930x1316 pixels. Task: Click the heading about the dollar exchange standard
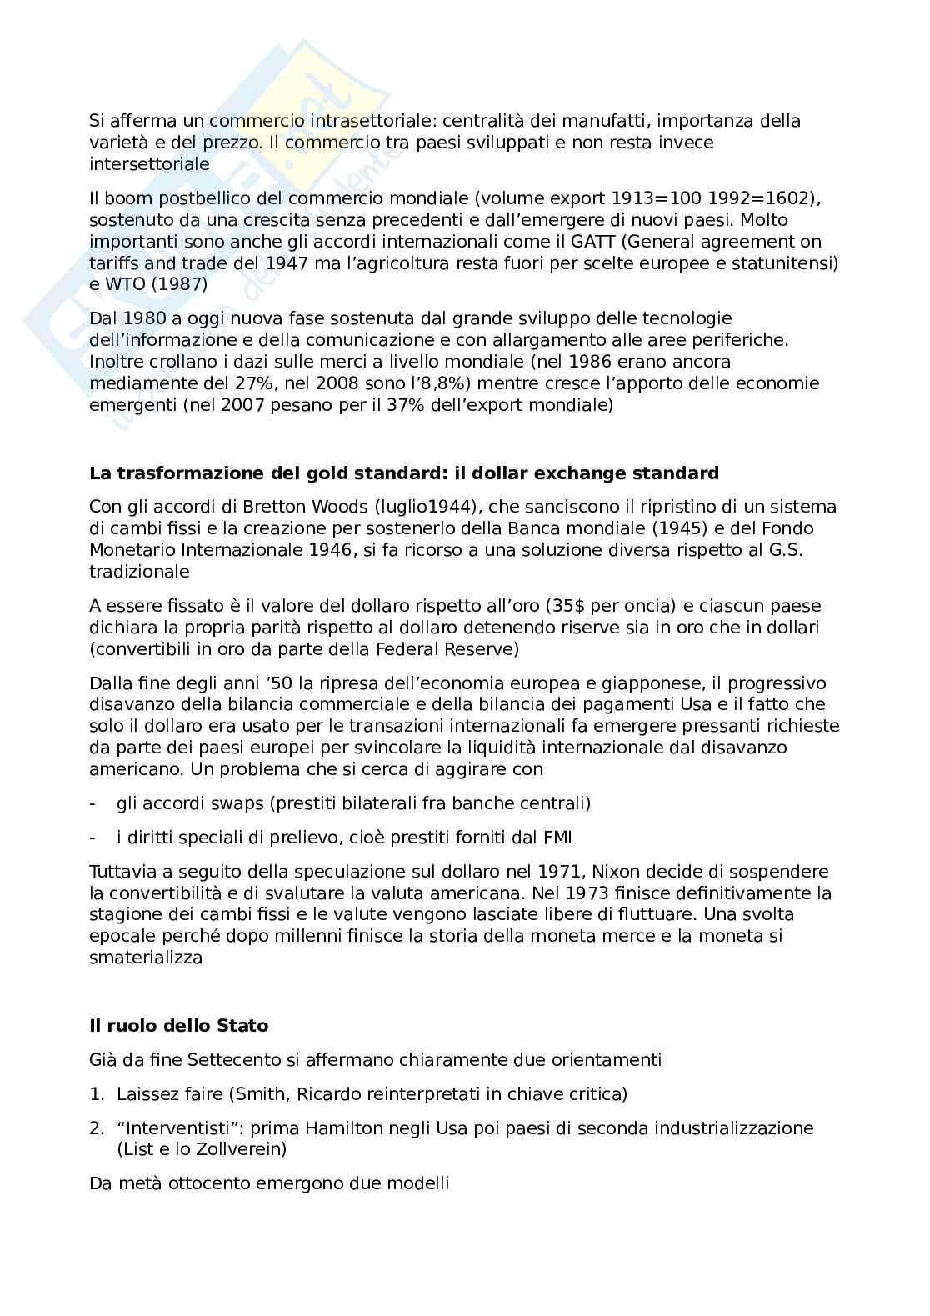[403, 473]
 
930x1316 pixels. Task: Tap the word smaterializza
[146, 958]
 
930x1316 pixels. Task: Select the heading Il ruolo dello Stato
[178, 1026]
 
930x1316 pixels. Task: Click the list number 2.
[96, 1128]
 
